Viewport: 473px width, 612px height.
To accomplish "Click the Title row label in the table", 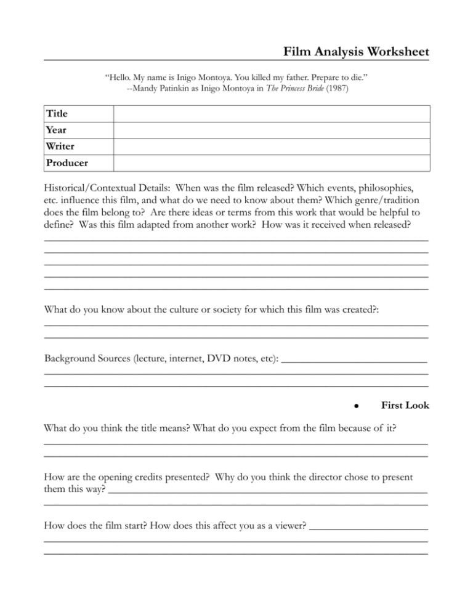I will tap(57, 114).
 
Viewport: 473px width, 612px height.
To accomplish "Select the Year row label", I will tap(57, 130).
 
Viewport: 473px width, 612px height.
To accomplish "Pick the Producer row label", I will tap(67, 163).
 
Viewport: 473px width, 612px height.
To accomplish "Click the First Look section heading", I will tap(405, 406).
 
